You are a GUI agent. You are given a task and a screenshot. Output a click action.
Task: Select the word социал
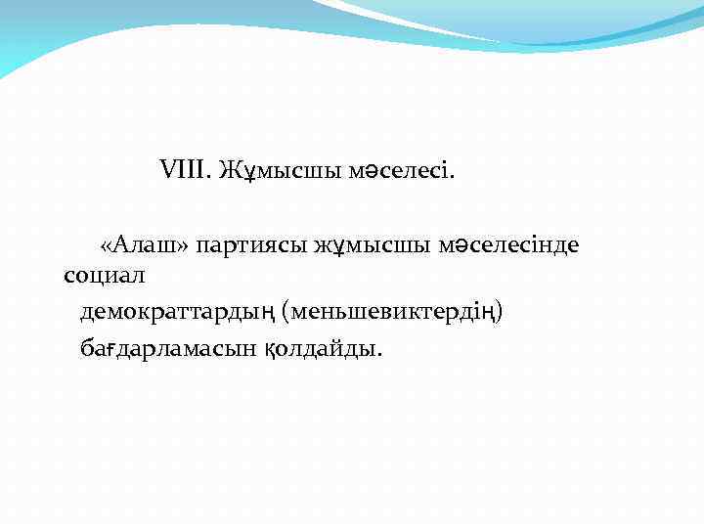104,277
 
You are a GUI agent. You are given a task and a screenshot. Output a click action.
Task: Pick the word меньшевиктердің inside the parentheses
392,312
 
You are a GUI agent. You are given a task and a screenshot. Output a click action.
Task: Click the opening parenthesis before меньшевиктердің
285,312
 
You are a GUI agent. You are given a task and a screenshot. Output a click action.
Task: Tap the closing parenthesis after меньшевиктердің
501,312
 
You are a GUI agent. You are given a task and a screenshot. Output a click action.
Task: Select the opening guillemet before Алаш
107,245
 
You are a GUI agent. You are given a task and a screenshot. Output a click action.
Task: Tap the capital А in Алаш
122,244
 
